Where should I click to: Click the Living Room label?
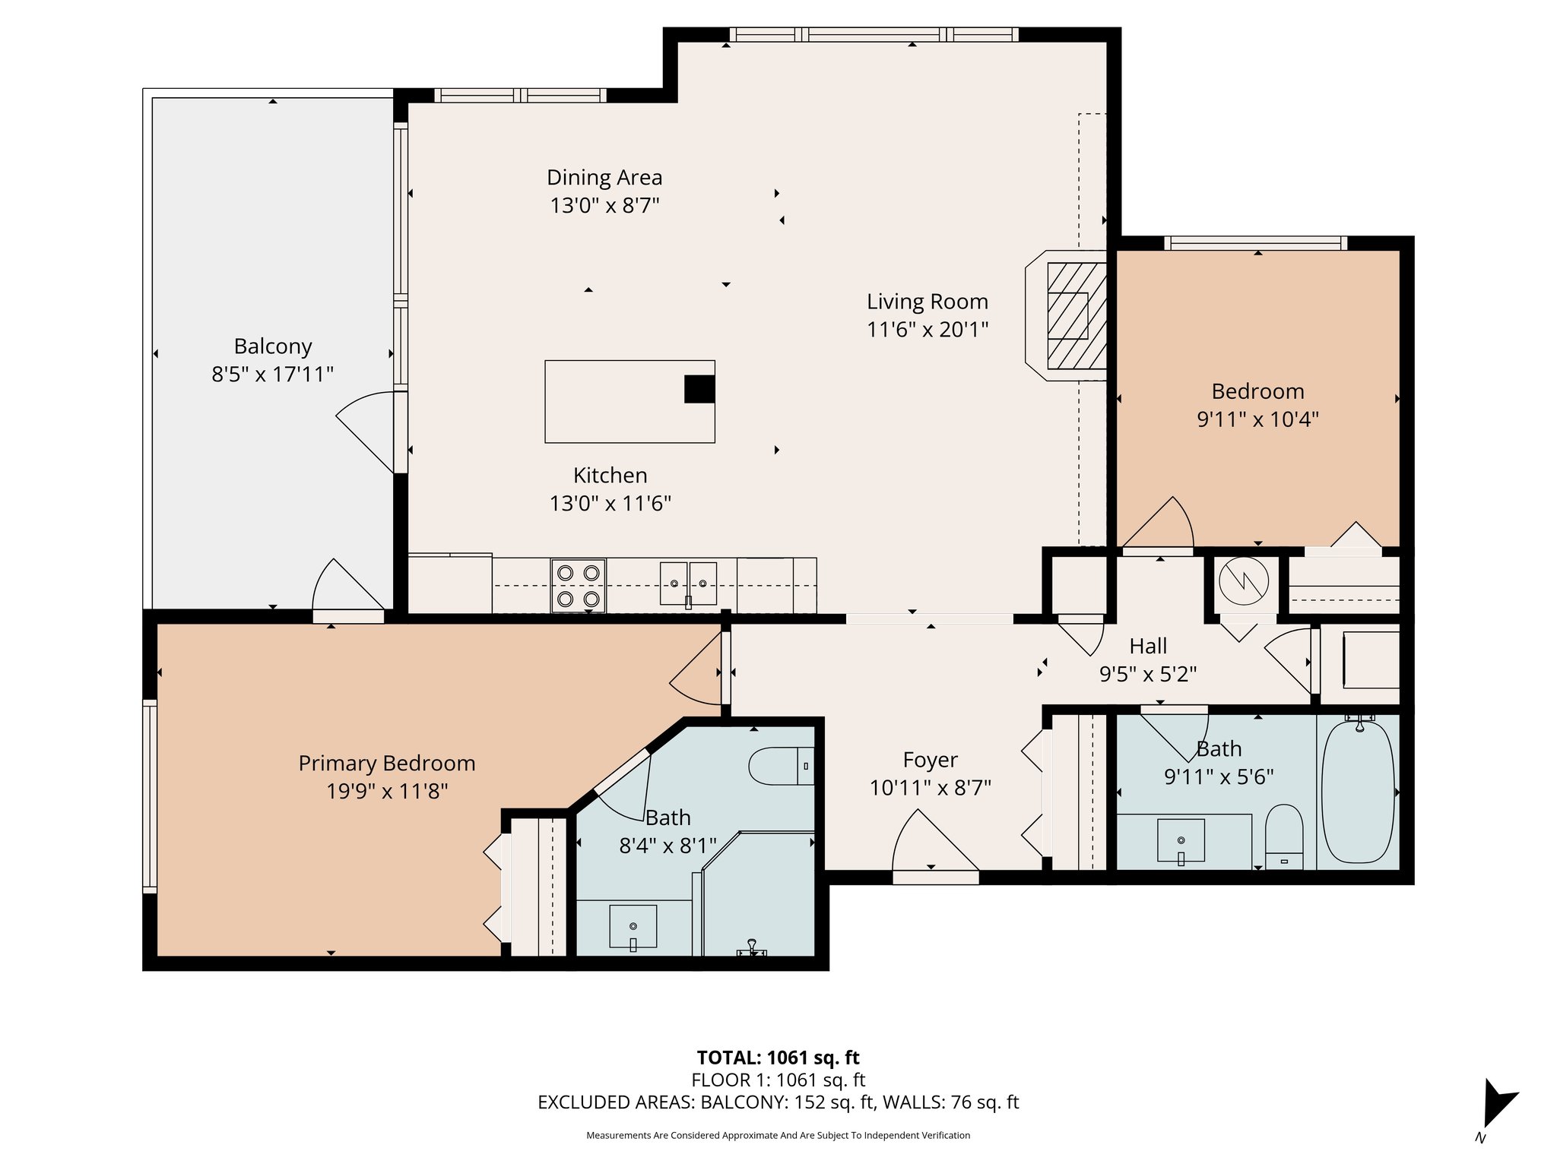pyautogui.click(x=927, y=302)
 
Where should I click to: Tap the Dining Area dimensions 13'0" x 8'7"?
pyautogui.click(x=604, y=205)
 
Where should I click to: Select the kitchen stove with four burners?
pyautogui.click(x=578, y=586)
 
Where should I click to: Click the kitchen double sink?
pyautogui.click(x=688, y=583)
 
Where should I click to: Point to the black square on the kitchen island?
pyautogui.click(x=699, y=389)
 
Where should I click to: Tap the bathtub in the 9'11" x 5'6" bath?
pyautogui.click(x=1358, y=792)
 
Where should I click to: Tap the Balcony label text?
pyautogui.click(x=273, y=346)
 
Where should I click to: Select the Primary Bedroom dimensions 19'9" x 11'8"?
pyautogui.click(x=387, y=792)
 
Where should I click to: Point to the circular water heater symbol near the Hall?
pyautogui.click(x=1244, y=581)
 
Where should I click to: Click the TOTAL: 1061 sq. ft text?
pyautogui.click(x=778, y=1058)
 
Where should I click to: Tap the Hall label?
pyautogui.click(x=1148, y=647)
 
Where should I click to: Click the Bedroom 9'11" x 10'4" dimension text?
pyautogui.click(x=1257, y=419)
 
